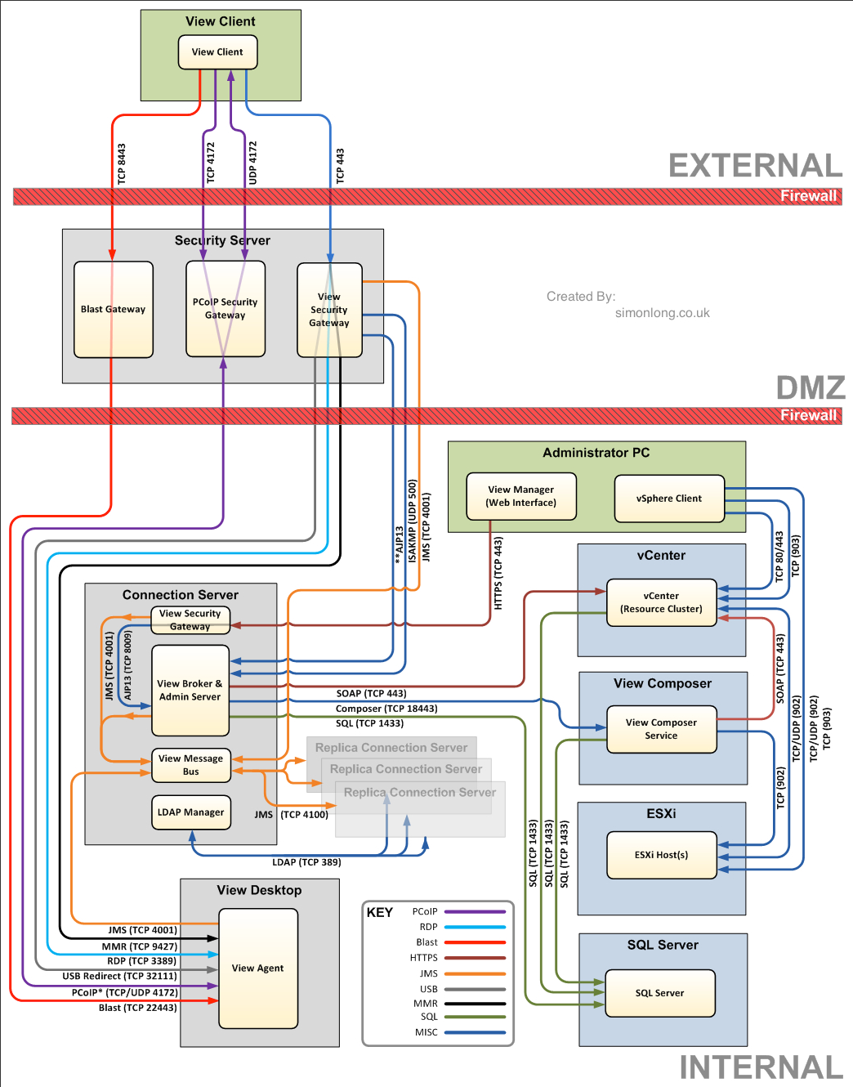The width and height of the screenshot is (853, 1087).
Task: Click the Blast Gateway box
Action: coord(114,310)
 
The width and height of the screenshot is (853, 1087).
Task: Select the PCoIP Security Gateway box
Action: coord(226,309)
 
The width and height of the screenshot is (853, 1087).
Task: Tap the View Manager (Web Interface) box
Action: coord(521,496)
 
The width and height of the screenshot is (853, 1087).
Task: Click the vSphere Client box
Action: coord(669,499)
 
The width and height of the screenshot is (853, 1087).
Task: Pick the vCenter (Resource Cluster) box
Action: coord(661,602)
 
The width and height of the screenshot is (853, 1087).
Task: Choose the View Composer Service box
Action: coord(661,729)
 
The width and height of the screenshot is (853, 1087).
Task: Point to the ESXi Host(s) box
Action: coord(661,855)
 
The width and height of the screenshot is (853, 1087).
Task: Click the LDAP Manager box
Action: coord(190,812)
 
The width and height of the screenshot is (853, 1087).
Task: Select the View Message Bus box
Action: coord(190,765)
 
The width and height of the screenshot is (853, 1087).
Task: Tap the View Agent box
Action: coord(258,968)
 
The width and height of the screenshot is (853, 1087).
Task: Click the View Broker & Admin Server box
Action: coord(190,691)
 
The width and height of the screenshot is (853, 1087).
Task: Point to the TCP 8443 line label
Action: coord(122,163)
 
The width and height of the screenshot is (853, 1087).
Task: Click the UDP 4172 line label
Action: coord(252,162)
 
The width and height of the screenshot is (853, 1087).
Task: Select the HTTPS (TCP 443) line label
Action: coord(498,573)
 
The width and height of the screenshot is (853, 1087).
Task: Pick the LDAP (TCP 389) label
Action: coord(306,862)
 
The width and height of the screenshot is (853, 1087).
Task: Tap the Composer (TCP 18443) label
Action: coord(386,709)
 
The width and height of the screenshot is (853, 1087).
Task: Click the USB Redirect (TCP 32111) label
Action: coord(119,976)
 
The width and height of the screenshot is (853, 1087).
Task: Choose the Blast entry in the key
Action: coord(427,942)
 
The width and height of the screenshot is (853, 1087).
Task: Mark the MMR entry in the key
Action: coord(426,1004)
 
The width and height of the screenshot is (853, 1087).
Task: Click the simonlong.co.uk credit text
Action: coord(662,313)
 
